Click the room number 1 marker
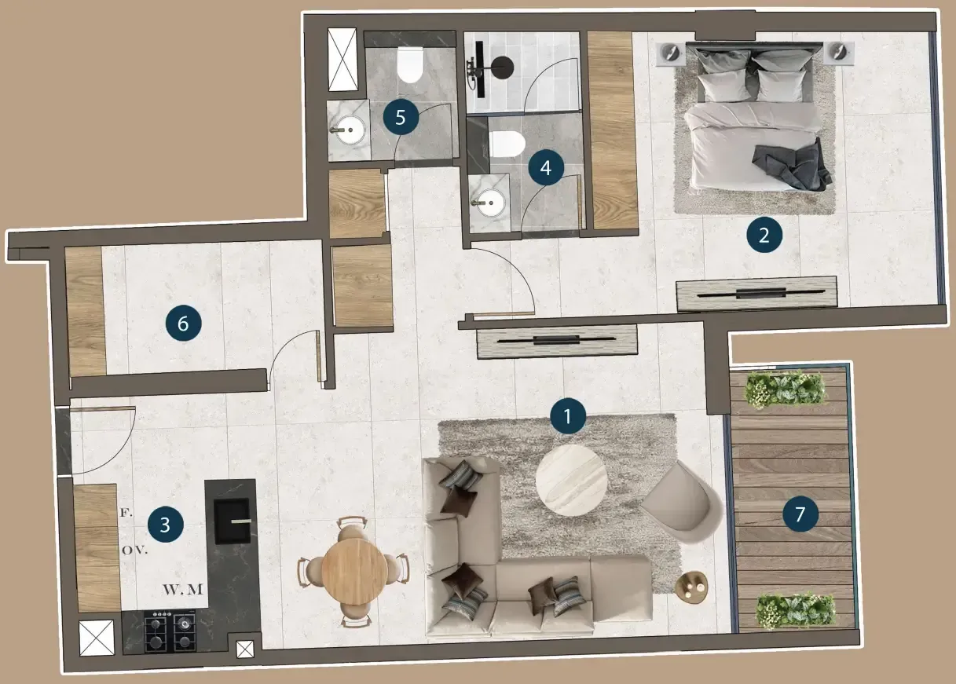568,416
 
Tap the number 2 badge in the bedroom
764,235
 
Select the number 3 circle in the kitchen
166,525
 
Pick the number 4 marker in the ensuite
546,168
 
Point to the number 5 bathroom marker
401,117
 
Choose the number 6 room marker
184,324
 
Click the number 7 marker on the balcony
800,514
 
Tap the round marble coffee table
571,481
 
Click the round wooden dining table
354,570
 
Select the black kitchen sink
232,521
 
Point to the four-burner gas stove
170,632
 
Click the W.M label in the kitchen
183,589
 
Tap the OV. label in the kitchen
135,550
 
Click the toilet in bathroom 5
410,64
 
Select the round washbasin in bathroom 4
491,203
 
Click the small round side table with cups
692,587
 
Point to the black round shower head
503,67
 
